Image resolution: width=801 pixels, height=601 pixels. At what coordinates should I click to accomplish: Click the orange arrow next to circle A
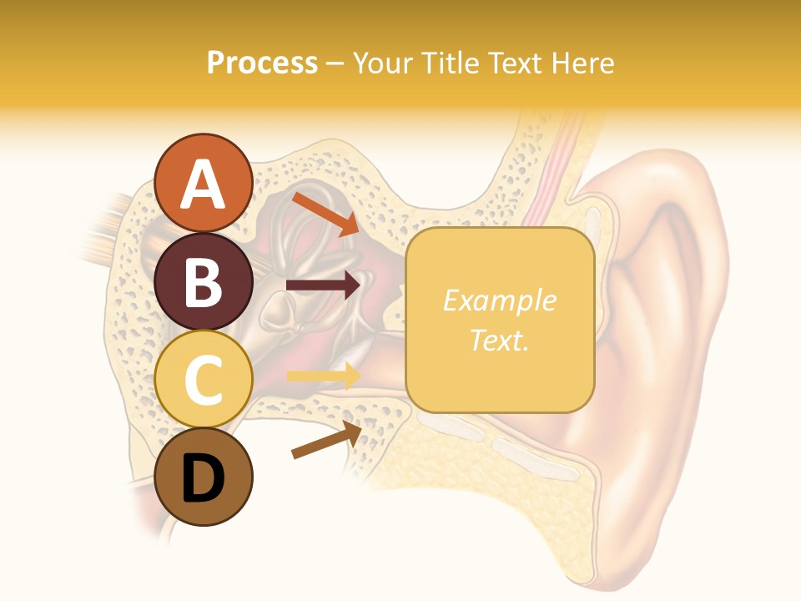325,213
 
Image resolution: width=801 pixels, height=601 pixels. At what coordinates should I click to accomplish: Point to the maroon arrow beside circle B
323,285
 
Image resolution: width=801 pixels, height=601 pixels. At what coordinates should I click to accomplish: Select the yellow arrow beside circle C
323,376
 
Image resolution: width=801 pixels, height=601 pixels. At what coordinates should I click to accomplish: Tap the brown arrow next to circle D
326,440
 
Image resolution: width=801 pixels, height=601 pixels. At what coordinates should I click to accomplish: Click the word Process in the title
262,63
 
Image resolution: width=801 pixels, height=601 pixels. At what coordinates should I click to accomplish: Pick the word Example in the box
500,300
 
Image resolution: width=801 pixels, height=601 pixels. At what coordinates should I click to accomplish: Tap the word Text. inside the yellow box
500,340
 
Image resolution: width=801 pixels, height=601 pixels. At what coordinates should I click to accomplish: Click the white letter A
204,184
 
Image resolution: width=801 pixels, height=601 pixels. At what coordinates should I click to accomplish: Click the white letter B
204,282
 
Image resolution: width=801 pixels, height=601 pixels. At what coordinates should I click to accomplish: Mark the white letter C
204,380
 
